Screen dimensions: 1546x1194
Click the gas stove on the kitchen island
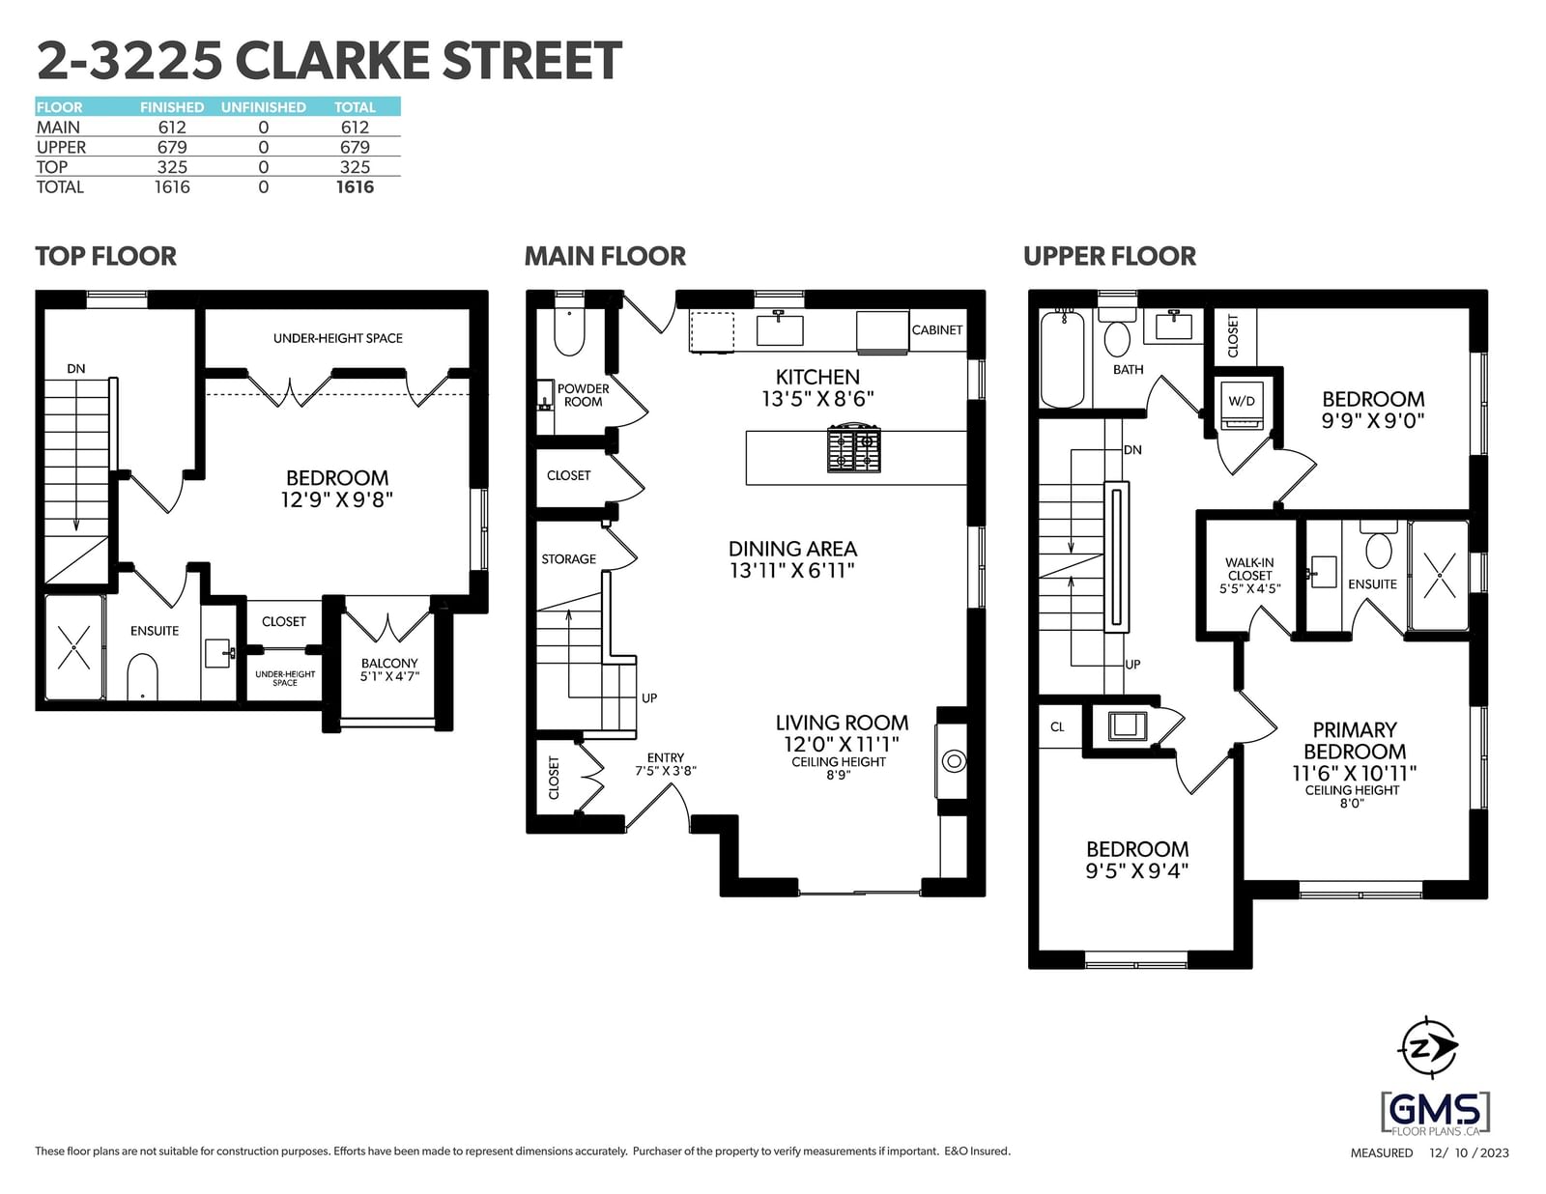(x=853, y=449)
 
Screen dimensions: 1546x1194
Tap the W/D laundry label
(x=1242, y=401)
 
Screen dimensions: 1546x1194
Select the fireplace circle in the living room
(x=954, y=761)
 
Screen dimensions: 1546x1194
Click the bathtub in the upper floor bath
(x=1062, y=358)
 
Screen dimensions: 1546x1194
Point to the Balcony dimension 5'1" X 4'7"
(x=389, y=676)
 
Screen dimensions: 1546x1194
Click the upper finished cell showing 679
(x=172, y=147)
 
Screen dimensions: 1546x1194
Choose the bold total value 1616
(x=355, y=187)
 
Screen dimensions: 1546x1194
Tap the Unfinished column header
(x=263, y=107)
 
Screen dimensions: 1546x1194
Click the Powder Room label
(x=583, y=395)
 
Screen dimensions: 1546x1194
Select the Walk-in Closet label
(x=1249, y=569)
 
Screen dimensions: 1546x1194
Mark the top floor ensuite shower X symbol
(x=74, y=647)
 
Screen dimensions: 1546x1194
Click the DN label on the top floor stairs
(x=76, y=369)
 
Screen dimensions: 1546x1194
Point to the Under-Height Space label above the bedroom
(x=338, y=338)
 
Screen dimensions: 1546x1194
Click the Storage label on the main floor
(x=568, y=559)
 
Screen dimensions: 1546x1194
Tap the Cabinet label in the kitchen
(x=937, y=330)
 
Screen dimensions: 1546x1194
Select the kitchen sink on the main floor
(x=780, y=328)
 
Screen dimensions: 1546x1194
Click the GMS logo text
(x=1435, y=1110)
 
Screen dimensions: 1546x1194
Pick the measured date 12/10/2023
(x=1469, y=1153)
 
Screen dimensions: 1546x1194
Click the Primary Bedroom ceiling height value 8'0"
(x=1352, y=804)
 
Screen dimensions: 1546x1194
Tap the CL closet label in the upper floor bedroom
(x=1057, y=726)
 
